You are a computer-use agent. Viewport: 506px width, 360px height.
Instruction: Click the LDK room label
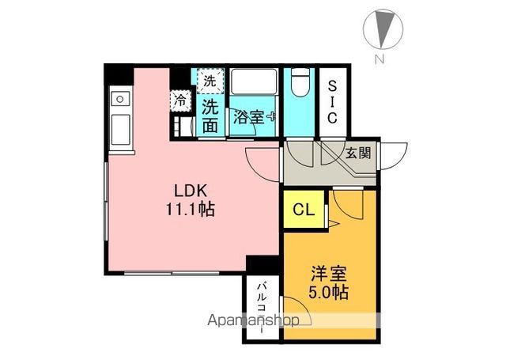tap(191, 191)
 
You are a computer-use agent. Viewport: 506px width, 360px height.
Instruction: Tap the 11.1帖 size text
tap(191, 209)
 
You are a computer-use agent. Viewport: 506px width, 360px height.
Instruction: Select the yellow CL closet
tap(304, 209)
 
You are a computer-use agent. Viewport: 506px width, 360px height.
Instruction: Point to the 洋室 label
tap(329, 274)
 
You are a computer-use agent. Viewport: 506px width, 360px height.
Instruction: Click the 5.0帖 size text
tap(329, 292)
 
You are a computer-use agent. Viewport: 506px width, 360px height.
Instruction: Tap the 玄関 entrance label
tap(358, 153)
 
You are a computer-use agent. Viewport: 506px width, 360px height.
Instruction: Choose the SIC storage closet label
tap(332, 102)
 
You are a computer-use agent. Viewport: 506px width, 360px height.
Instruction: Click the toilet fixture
tap(300, 81)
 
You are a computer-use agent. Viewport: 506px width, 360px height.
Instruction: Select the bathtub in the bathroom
tap(254, 81)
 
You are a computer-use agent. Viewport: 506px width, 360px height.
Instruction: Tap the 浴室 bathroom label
tap(249, 117)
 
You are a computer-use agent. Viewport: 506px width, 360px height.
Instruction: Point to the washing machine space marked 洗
tap(210, 81)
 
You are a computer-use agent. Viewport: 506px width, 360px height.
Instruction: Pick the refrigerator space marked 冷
tap(180, 100)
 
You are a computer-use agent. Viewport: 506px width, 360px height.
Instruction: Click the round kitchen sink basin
tap(120, 99)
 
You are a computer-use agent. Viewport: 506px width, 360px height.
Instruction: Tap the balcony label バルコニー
tap(262, 308)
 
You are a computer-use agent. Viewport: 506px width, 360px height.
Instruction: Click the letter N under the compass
tap(379, 59)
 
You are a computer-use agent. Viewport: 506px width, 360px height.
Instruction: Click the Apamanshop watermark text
tap(254, 320)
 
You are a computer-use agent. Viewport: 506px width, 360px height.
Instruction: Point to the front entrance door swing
tap(394, 157)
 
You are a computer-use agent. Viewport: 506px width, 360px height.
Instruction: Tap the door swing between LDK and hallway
tap(262, 165)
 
